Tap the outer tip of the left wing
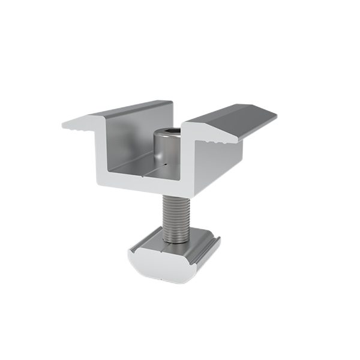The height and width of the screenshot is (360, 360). click(x=64, y=126)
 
